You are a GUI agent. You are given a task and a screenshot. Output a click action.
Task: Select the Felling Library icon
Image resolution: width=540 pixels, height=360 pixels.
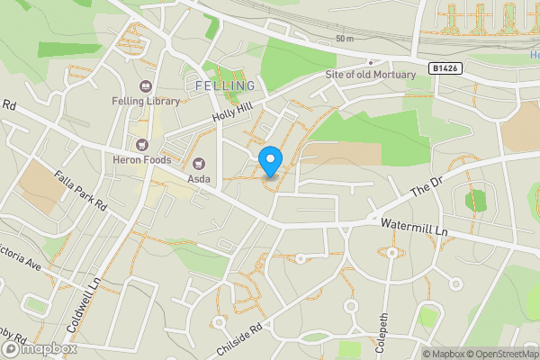144,86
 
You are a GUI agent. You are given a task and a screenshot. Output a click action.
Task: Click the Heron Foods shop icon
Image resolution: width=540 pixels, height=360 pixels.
140,144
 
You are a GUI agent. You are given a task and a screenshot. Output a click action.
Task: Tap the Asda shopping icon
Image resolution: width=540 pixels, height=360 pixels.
198,164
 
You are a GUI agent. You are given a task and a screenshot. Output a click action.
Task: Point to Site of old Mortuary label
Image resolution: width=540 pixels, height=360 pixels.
371,75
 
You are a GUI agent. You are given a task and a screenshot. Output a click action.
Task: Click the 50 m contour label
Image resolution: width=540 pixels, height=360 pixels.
345,39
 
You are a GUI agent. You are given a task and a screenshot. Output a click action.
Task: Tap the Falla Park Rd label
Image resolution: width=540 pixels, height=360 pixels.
80,191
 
